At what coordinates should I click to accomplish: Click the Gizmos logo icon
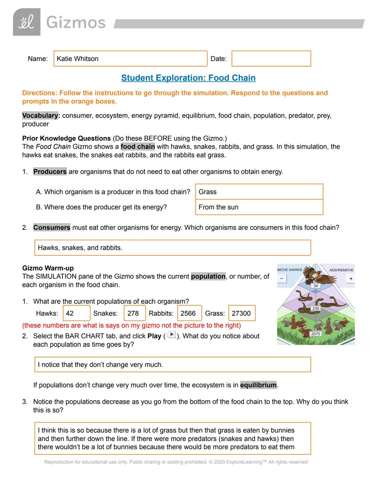point(27,22)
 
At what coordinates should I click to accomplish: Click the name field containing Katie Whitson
point(130,59)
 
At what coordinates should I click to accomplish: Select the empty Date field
point(271,59)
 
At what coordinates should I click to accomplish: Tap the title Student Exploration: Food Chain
point(188,78)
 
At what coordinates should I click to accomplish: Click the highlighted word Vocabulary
point(40,116)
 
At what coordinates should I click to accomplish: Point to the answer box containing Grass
point(259,192)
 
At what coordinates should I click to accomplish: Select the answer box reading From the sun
point(259,207)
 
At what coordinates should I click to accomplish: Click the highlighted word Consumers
point(52,227)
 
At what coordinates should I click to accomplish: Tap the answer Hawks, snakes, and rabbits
point(172,248)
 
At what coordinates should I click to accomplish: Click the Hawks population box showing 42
point(76,313)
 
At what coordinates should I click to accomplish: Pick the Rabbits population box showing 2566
point(189,313)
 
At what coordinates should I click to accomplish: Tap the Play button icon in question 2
point(171,335)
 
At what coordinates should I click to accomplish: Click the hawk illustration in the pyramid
point(314,275)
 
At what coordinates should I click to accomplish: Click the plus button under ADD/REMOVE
point(351,279)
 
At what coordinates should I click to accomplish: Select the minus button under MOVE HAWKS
point(282,279)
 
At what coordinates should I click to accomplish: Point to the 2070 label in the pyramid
point(316,334)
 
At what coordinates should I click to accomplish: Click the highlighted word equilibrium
point(258,385)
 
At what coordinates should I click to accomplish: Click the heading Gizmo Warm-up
point(48,268)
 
